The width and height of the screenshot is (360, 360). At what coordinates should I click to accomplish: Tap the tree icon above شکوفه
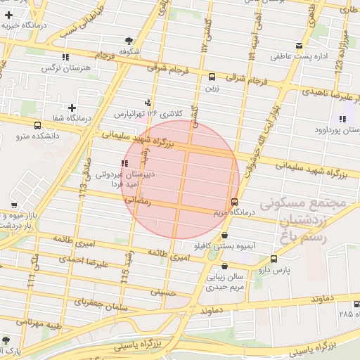(x=128, y=41)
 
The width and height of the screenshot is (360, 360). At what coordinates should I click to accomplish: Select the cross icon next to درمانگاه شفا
(x=72, y=108)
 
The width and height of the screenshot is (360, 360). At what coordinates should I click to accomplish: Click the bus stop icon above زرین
(x=212, y=77)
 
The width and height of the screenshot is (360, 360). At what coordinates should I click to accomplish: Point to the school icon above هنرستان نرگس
(x=65, y=56)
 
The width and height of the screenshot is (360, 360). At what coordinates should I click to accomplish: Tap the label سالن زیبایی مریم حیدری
(x=225, y=282)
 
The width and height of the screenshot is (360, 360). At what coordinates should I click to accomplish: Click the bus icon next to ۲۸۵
(x=355, y=304)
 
